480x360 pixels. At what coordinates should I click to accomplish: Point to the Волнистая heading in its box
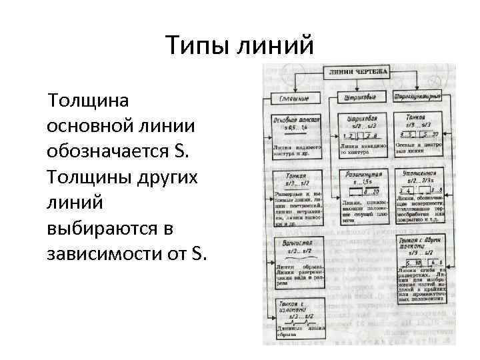[x=297, y=243]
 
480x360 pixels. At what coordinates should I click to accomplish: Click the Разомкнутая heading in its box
[x=363, y=173]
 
